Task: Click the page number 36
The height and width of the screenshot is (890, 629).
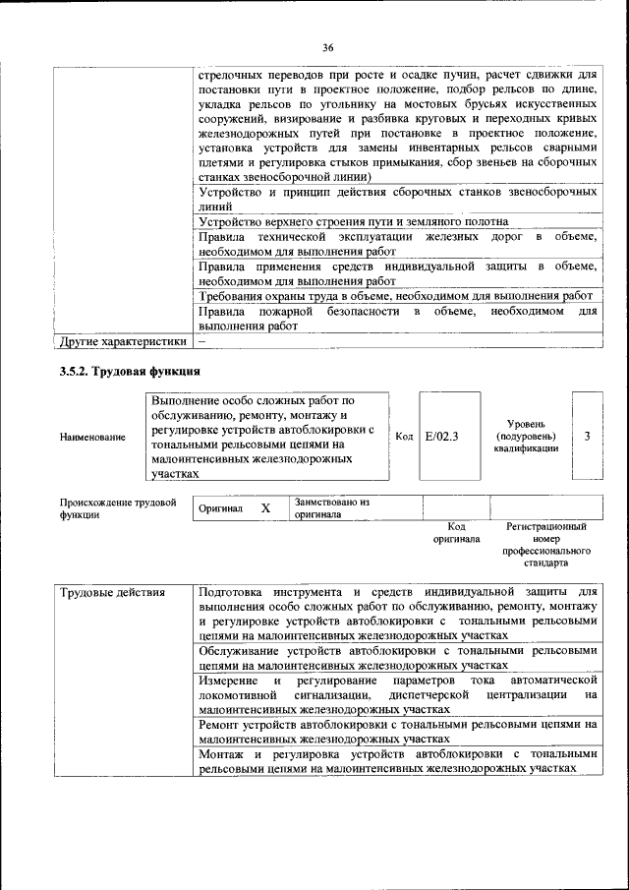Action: coord(328,46)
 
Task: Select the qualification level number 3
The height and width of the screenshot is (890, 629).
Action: coord(587,435)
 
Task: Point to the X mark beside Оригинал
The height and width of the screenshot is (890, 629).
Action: coord(265,508)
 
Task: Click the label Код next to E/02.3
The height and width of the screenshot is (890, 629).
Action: coord(403,435)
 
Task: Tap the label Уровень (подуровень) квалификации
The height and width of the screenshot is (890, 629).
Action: coord(527,435)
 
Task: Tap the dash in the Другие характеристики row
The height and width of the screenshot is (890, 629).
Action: coord(201,341)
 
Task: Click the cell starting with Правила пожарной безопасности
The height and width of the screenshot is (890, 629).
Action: coord(397,318)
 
